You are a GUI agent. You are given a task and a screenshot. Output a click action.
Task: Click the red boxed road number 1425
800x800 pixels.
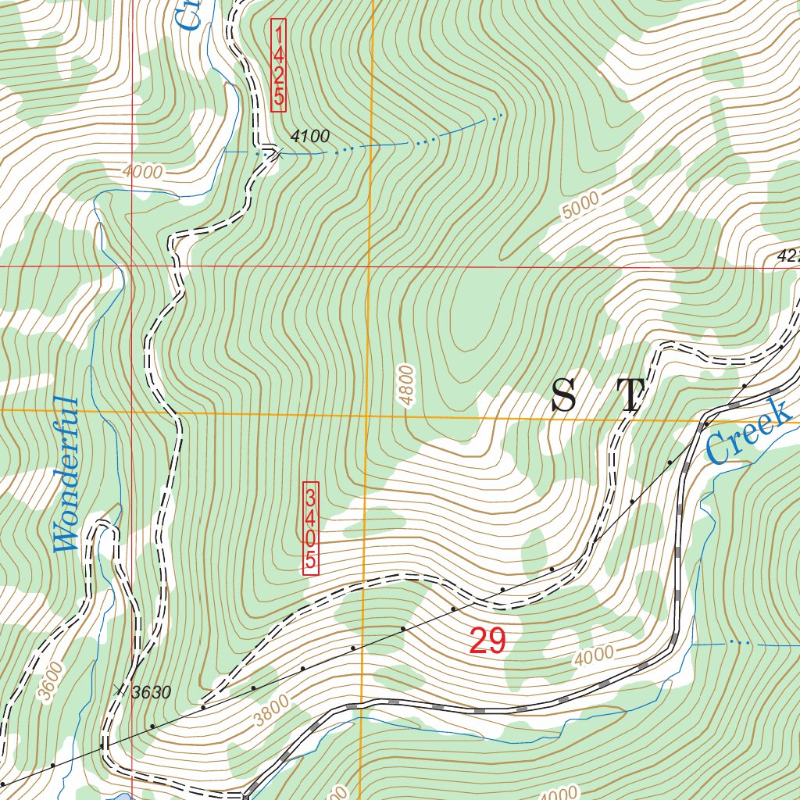[x=278, y=65]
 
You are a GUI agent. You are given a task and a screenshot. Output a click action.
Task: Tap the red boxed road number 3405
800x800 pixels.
[x=311, y=528]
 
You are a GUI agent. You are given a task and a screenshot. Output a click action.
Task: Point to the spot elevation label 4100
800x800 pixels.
[x=309, y=137]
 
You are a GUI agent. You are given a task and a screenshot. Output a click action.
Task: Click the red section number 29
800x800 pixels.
[x=488, y=641]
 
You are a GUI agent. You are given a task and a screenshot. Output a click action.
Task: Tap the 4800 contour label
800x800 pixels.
[x=406, y=385]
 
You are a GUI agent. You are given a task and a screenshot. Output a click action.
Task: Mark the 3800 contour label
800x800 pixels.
[x=272, y=708]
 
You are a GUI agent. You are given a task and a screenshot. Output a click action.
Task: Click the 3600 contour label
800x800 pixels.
[x=48, y=681]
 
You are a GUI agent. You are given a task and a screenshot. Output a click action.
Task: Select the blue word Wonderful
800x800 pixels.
[x=67, y=475]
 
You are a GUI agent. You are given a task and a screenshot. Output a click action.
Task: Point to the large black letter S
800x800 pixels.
[x=565, y=395]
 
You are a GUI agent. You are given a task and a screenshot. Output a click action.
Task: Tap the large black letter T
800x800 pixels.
[x=630, y=395]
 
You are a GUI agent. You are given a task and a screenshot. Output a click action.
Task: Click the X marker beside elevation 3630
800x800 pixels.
[x=119, y=689]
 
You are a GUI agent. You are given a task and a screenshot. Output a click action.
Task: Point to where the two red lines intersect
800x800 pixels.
[x=131, y=266]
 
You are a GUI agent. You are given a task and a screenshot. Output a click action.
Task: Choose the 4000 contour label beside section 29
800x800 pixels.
[x=594, y=655]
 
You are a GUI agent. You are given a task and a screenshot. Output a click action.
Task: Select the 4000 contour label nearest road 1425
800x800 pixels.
[x=142, y=172]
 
